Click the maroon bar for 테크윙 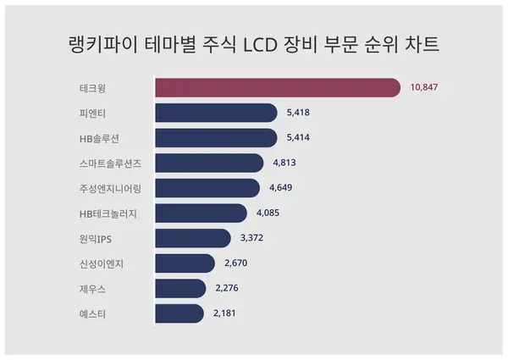click(x=277, y=87)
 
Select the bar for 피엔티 click(x=216, y=113)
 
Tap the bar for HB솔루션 click(x=216, y=138)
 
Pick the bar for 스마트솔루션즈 click(x=208, y=163)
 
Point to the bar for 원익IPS click(x=192, y=238)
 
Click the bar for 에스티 click(x=179, y=313)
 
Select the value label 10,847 click(x=424, y=88)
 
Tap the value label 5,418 click(x=301, y=113)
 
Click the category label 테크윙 click(x=91, y=88)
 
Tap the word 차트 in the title click(x=424, y=44)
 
